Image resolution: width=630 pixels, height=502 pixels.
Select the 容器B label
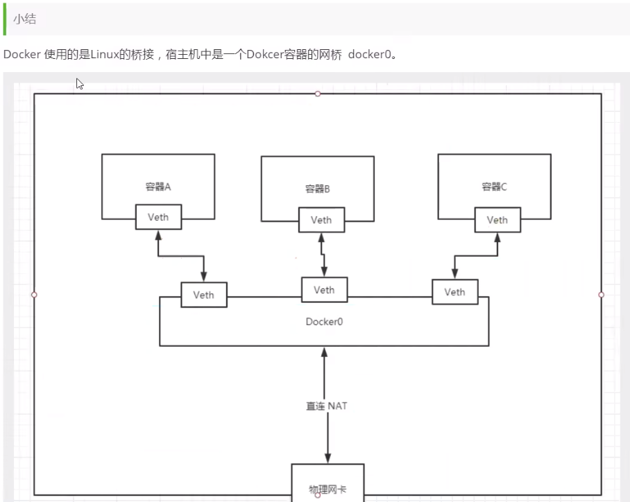[318, 189]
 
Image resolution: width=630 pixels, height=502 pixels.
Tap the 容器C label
[495, 187]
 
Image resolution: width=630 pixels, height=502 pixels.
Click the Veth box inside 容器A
[158, 217]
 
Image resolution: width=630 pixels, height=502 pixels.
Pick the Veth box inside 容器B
[321, 220]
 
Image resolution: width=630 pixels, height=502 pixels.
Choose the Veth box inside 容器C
[497, 220]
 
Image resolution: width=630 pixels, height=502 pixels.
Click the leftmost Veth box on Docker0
[203, 295]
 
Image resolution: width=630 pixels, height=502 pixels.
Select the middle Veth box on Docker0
[324, 290]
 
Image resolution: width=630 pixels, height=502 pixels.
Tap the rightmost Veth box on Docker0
[454, 292]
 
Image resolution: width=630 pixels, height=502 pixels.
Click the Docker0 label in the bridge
[324, 322]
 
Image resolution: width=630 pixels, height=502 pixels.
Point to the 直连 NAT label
[327, 406]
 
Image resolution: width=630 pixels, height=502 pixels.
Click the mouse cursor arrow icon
[80, 84]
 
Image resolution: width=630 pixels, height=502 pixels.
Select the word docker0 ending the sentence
[370, 55]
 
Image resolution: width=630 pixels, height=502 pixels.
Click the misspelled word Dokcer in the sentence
[263, 55]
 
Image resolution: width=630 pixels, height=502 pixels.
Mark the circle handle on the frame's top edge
[318, 94]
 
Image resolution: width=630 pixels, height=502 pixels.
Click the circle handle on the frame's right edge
[601, 295]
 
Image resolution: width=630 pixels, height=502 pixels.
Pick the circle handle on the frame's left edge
[34, 295]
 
